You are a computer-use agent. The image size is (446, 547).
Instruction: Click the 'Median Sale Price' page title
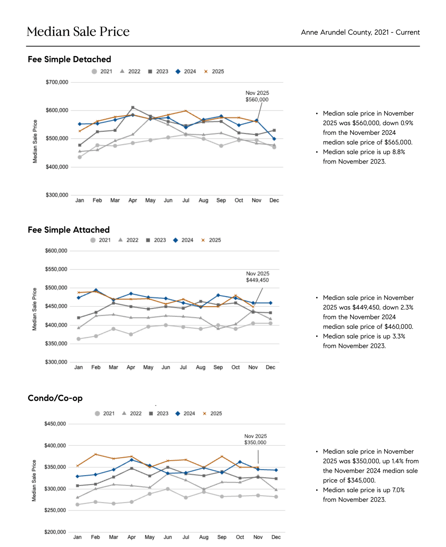point(78,32)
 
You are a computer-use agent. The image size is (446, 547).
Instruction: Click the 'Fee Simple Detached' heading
point(69,59)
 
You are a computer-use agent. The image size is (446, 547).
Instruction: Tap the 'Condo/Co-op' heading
point(55,398)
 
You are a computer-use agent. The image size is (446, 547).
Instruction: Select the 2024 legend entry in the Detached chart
point(186,72)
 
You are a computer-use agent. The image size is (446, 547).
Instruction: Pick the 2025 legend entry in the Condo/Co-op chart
point(213,414)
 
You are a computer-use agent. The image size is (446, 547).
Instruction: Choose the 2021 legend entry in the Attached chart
point(101,240)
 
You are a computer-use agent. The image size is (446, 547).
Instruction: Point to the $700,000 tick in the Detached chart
point(57,82)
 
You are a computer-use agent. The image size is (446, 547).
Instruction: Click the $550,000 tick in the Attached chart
point(56,269)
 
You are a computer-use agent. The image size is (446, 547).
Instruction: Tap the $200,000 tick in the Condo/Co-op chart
point(55,532)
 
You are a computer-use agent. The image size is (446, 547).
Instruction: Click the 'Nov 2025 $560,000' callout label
point(257,96)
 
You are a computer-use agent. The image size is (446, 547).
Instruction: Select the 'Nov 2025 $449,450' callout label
point(257,277)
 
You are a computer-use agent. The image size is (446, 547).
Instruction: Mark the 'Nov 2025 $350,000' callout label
point(255,439)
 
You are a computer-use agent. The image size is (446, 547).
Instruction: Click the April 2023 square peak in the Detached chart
point(133,108)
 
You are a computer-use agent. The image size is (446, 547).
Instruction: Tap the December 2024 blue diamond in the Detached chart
point(274,139)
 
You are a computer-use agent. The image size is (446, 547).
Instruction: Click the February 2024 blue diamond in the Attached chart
point(96,290)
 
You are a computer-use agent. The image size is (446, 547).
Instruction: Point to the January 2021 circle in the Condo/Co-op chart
point(78,505)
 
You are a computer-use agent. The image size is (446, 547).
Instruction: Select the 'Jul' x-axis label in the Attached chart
point(183,367)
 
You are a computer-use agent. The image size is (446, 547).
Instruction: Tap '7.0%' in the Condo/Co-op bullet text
point(398,490)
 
